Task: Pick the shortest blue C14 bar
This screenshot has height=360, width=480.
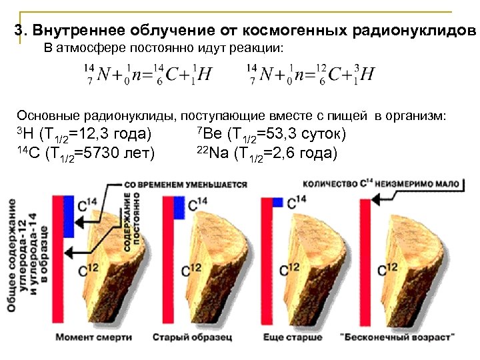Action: tap(278, 201)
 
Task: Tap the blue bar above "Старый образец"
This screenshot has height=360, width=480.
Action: tap(178, 207)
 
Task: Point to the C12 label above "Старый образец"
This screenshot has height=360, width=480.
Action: tap(190, 270)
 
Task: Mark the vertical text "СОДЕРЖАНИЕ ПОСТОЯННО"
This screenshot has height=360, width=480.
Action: tap(131, 221)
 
